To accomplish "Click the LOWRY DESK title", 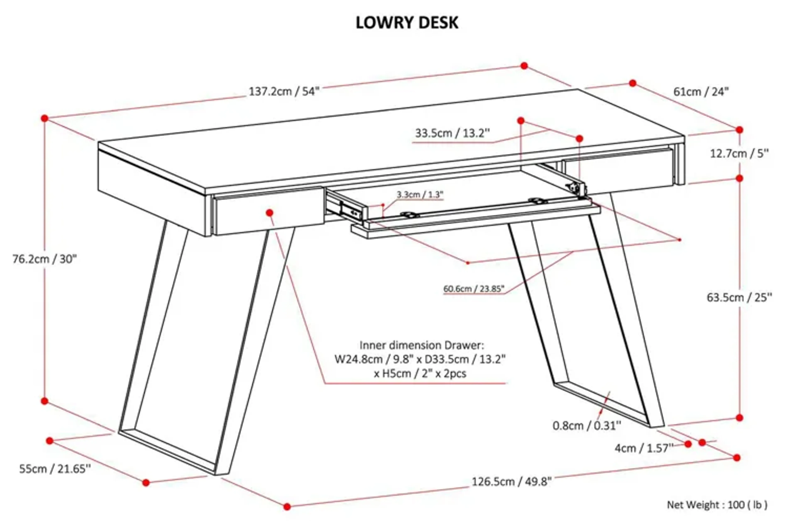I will coord(407,23).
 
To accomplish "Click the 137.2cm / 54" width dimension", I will coord(284,91).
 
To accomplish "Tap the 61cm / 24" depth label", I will coord(701,91).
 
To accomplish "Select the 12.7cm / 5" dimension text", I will coord(739,154).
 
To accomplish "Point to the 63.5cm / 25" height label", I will coord(739,297).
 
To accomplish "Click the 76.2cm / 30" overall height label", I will coord(45,259).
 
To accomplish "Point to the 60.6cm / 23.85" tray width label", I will coord(473,289).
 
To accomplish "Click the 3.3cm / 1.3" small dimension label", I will coord(420,194).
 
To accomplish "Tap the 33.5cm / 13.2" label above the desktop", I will coord(452,133).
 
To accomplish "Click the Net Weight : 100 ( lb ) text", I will coord(717,505).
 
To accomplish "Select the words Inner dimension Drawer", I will coord(422,345).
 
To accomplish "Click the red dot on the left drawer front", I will coord(270,213).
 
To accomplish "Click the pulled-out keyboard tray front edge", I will coord(476,227).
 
